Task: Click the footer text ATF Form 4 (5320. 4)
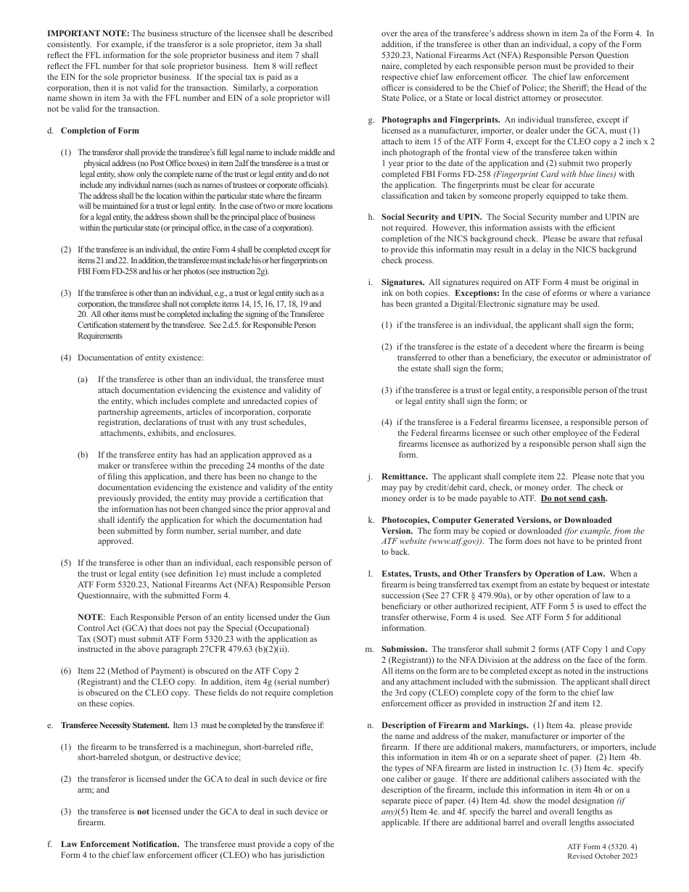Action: click(x=602, y=847)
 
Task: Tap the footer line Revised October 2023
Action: click(x=602, y=856)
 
